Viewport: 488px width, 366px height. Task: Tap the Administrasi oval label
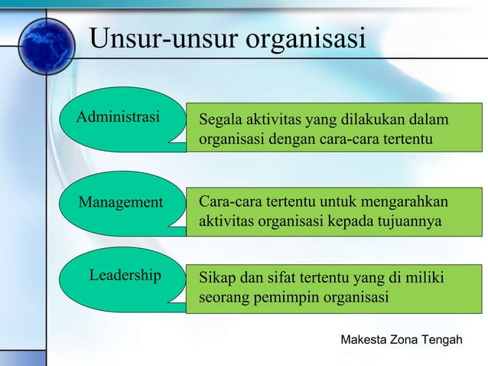click(119, 118)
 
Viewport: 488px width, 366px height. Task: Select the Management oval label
click(121, 202)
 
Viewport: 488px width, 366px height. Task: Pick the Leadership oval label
click(125, 275)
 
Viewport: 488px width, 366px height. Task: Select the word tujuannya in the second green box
click(409, 222)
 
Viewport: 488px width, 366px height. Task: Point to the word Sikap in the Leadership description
click(216, 276)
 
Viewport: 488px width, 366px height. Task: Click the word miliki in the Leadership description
click(426, 276)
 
